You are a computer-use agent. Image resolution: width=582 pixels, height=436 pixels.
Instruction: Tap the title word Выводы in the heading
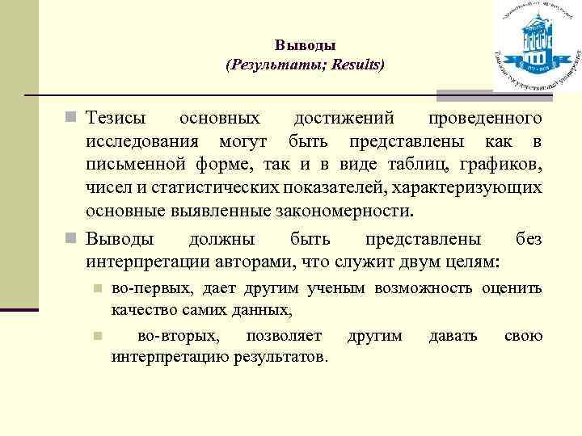tap(305, 45)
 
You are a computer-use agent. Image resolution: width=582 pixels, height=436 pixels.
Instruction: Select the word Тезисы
tap(116, 119)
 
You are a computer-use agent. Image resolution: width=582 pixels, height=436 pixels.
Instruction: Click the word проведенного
tap(485, 119)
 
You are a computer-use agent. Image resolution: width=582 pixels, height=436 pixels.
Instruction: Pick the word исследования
tap(142, 142)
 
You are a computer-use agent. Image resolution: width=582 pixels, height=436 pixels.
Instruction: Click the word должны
tap(221, 240)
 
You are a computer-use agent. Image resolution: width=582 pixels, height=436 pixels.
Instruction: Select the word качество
tap(141, 309)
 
